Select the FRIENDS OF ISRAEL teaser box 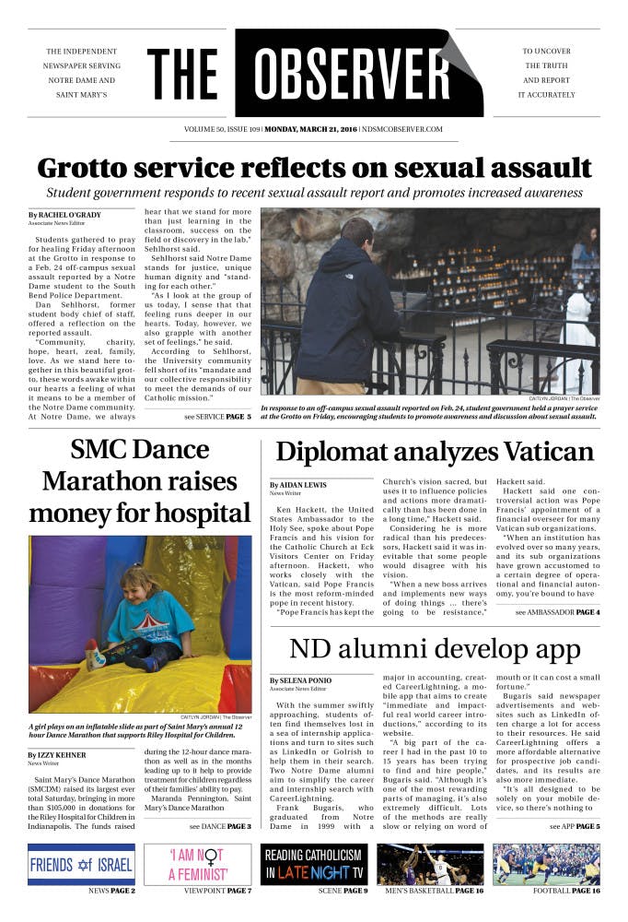click(81, 865)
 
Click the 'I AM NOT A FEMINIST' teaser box click(198, 865)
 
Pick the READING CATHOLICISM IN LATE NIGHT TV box click(314, 865)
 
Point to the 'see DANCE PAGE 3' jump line click(217, 825)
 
